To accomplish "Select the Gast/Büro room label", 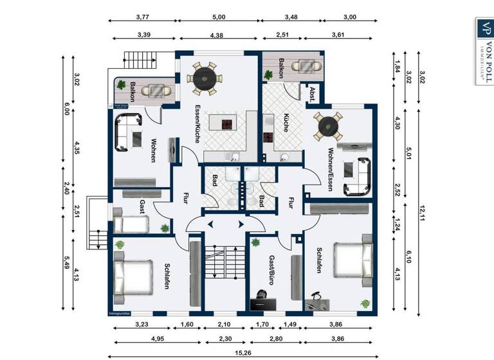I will [271, 270].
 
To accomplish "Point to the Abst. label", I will [313, 91].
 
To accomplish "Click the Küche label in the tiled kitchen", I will [287, 122].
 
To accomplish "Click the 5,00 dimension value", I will [219, 17].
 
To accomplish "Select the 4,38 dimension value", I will [219, 37].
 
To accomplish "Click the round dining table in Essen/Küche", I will [205, 77].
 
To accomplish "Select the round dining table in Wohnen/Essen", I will [328, 127].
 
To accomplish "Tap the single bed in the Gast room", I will [131, 224].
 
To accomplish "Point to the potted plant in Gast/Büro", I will [255, 242].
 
